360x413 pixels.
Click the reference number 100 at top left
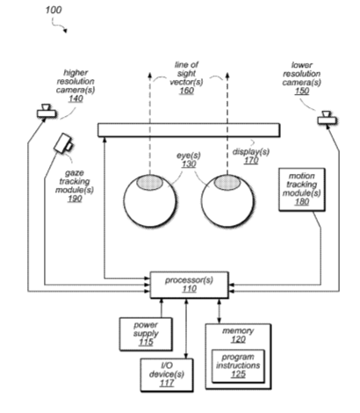[54, 10]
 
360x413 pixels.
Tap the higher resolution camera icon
[47, 112]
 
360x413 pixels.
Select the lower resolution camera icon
[328, 118]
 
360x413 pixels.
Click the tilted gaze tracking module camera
[63, 143]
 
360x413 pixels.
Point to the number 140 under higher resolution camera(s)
[76, 98]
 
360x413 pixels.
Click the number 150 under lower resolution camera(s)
[302, 91]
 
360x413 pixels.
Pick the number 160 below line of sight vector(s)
[186, 91]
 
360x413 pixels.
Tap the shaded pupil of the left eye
[149, 182]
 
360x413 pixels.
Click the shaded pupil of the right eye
[227, 182]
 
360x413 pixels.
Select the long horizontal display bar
[189, 130]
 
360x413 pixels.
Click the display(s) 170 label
[251, 156]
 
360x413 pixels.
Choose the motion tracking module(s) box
[302, 190]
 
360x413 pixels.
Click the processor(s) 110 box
[190, 285]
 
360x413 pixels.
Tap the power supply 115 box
[146, 334]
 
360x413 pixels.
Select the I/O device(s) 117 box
[167, 375]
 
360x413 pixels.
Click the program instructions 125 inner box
[238, 366]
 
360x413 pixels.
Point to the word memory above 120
[238, 331]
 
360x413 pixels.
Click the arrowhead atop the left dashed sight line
[149, 76]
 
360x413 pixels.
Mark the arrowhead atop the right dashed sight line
[227, 76]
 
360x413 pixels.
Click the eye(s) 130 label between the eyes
[189, 160]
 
